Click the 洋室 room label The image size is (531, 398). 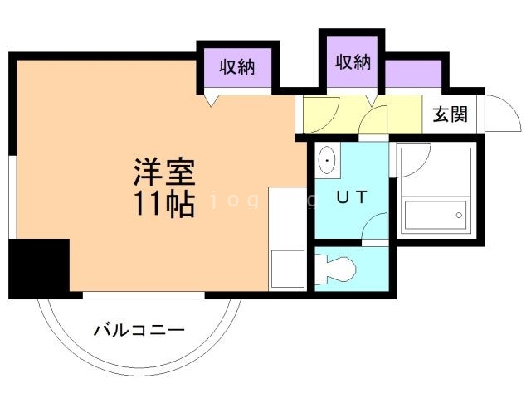pos(164,172)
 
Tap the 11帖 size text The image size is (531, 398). pos(164,203)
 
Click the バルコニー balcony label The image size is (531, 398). pos(139,331)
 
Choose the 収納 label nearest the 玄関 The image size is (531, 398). pos(353,61)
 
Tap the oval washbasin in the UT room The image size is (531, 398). pos(327,160)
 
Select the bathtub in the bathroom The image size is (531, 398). pos(436,217)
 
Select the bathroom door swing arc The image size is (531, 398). pos(415,158)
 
